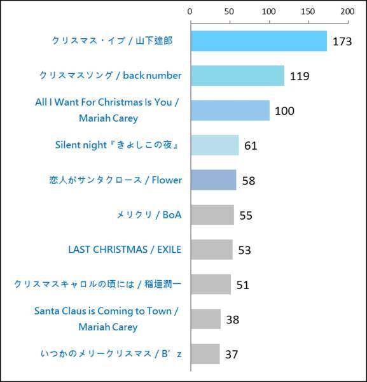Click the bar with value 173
click(258, 41)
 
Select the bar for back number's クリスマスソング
click(237, 76)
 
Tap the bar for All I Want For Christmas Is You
click(230, 110)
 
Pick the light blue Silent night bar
click(214, 145)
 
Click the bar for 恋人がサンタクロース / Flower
click(213, 180)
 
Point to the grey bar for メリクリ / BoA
click(212, 215)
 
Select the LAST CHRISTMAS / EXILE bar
click(211, 249)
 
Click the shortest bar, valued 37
click(205, 353)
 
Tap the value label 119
click(299, 76)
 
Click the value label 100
click(284, 111)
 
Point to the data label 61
click(251, 146)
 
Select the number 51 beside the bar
click(242, 285)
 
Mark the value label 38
click(232, 320)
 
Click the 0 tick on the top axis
click(190, 12)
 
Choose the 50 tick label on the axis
click(230, 12)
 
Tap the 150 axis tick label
click(308, 12)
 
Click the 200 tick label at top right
click(347, 12)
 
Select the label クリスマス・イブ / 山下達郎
click(112, 41)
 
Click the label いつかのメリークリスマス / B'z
click(102, 353)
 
